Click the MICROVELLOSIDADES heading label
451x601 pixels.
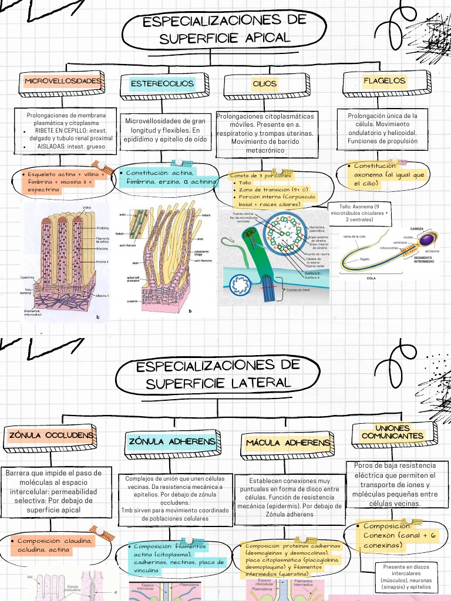pyautogui.click(x=63, y=81)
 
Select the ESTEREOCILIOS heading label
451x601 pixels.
pyautogui.click(x=161, y=84)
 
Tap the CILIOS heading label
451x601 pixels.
pyautogui.click(x=264, y=84)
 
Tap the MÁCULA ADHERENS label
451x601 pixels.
pyautogui.click(x=288, y=443)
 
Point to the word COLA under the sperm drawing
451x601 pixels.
pyautogui.click(x=371, y=279)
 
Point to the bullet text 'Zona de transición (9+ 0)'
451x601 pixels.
pyautogui.click(x=281, y=190)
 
